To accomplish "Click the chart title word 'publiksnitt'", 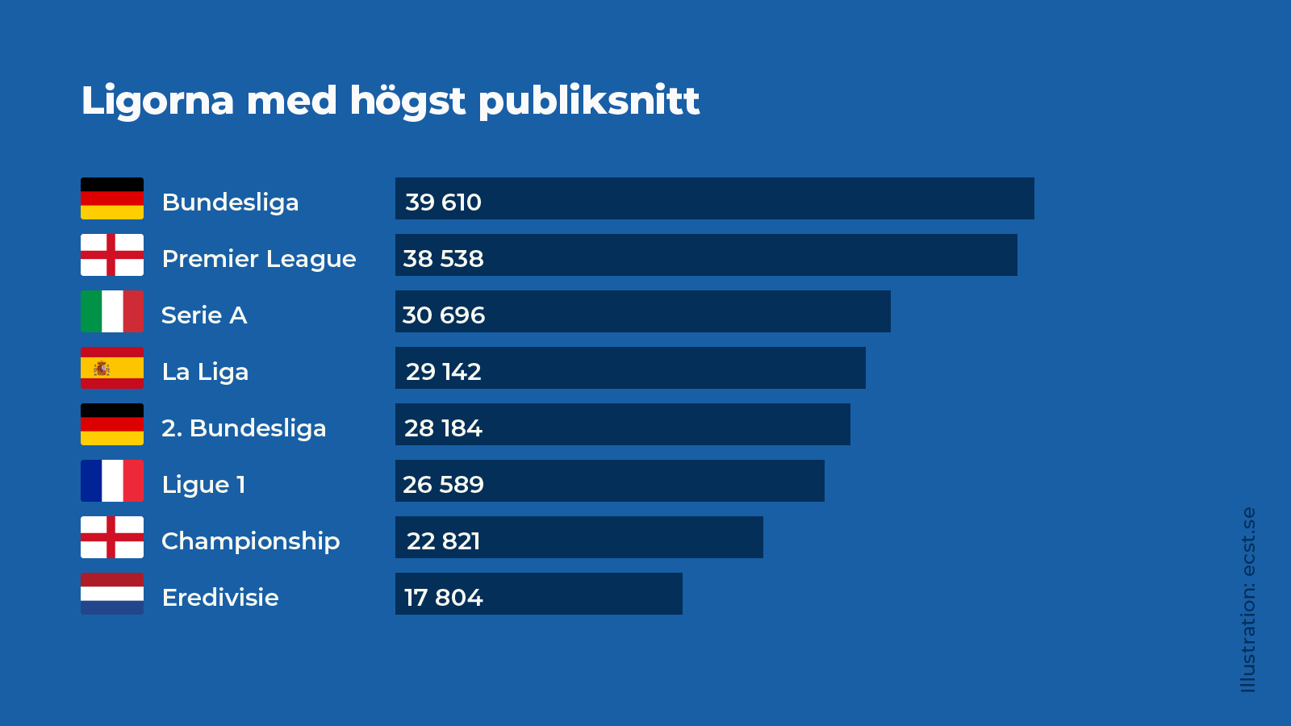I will point(589,102).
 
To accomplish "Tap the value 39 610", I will point(443,202).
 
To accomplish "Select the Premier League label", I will point(258,258).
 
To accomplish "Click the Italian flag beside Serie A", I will point(112,311).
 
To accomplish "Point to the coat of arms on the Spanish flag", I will point(102,369).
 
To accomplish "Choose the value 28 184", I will point(443,428).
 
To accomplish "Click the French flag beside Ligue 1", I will point(112,481).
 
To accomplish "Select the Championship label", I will point(250,540).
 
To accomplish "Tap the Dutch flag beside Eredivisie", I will point(112,594).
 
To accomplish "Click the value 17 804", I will point(443,597).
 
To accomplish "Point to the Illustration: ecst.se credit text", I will point(1248,599).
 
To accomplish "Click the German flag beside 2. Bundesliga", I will point(112,424).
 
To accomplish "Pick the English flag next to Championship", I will point(112,537).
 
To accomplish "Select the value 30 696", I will point(443,315).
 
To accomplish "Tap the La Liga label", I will point(205,371).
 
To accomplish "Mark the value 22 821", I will point(443,540).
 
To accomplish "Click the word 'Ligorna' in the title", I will point(157,102).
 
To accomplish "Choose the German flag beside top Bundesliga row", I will point(112,198).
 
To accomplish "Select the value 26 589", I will point(443,484).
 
